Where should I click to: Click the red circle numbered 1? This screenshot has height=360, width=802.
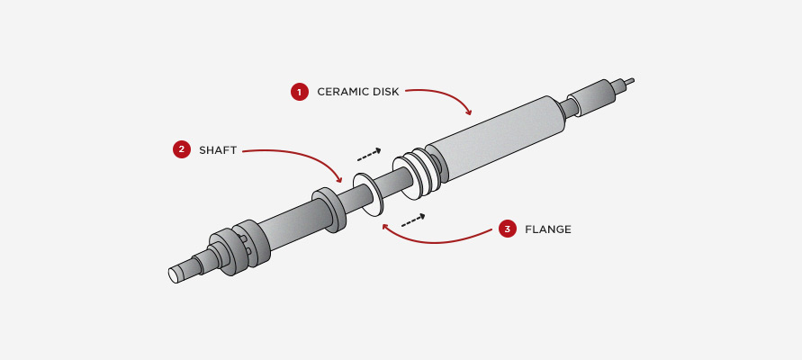pyautogui.click(x=298, y=92)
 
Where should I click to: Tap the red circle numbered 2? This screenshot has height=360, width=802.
pyautogui.click(x=181, y=150)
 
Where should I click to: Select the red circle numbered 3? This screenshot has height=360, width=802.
pyautogui.click(x=507, y=229)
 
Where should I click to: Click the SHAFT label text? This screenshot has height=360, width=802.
pyautogui.click(x=218, y=150)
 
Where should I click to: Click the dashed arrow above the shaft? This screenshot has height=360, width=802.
pyautogui.click(x=369, y=155)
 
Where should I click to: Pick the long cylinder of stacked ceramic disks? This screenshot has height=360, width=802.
pyautogui.click(x=495, y=140)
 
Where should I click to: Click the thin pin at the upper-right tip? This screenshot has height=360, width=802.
pyautogui.click(x=628, y=82)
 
